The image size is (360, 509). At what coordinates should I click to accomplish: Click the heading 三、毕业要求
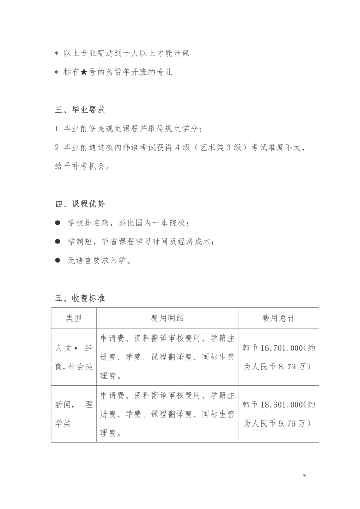click(80, 109)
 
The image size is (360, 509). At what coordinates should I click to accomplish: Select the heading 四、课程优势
click(80, 204)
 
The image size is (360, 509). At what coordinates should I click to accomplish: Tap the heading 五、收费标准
click(80, 298)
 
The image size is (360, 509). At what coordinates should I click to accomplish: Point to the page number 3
click(305, 475)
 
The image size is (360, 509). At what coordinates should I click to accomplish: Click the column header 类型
click(74, 318)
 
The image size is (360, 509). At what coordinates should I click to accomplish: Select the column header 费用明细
click(167, 318)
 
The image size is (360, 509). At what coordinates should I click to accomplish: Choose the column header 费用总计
click(279, 318)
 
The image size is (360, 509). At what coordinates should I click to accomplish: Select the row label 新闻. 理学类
click(74, 414)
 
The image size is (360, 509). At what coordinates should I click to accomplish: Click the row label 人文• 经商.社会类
click(74, 357)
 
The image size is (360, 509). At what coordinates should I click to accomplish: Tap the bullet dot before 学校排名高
click(58, 223)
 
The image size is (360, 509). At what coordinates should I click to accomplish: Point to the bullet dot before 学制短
click(58, 242)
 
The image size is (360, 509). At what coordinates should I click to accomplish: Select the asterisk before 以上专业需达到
click(57, 54)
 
